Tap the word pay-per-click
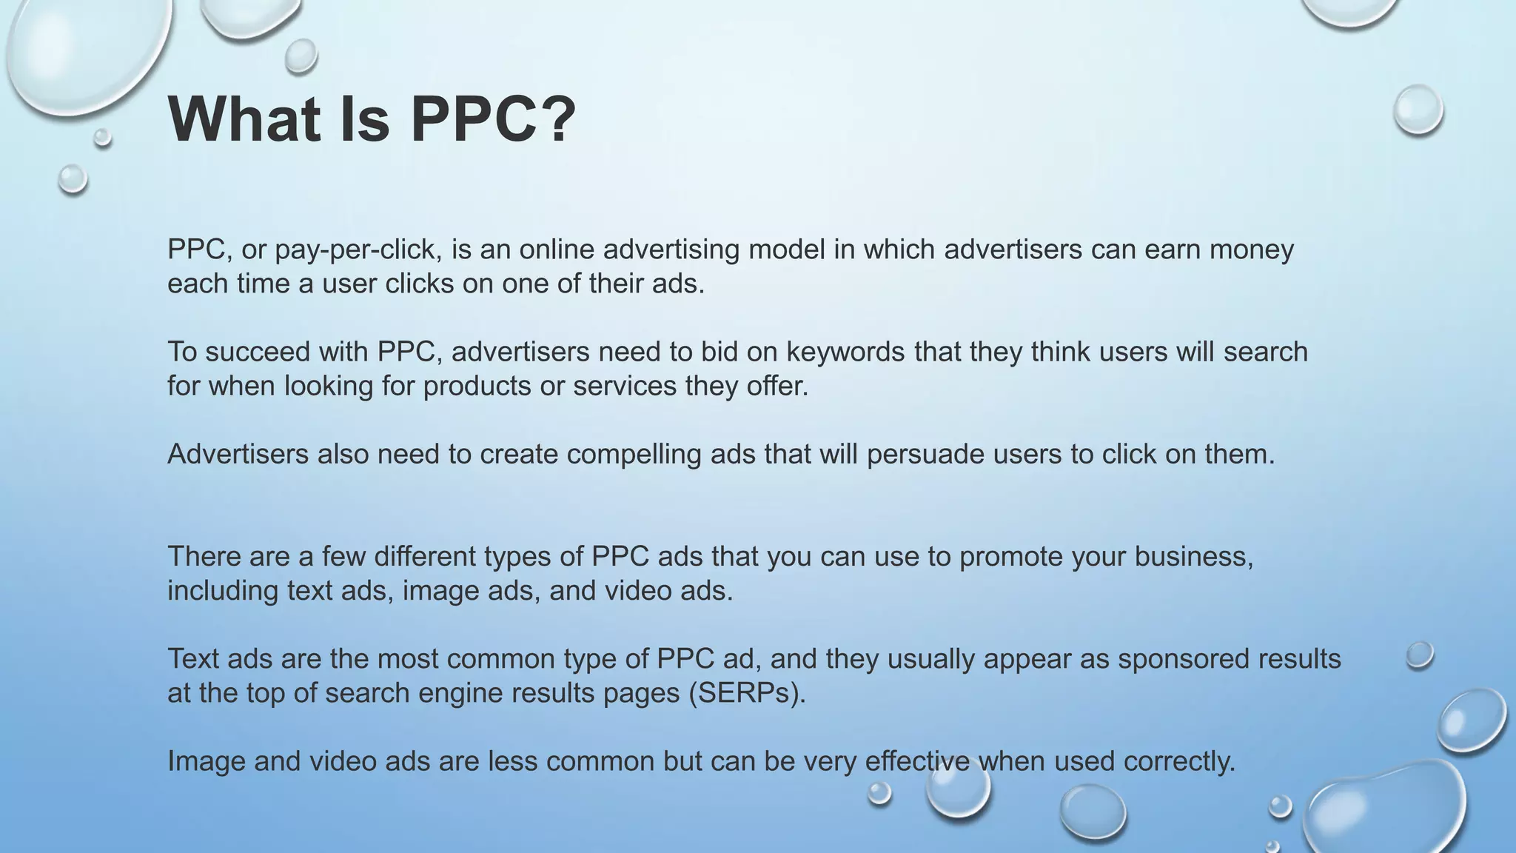coord(358,250)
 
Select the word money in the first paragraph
coord(1252,250)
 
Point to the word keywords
coord(845,352)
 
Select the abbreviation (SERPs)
coord(747,693)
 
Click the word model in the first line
coord(786,250)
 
